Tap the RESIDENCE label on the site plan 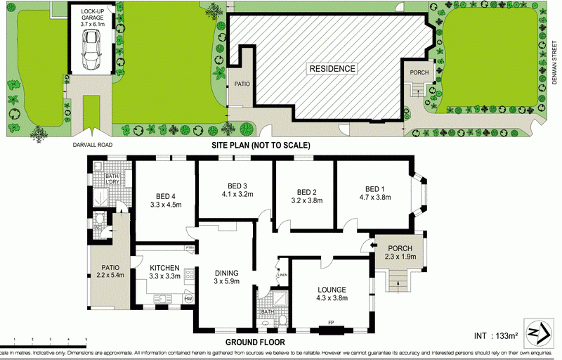click(x=330, y=68)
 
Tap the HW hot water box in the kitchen click(x=188, y=300)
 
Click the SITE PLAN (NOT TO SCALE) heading click(x=261, y=145)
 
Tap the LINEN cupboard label click(x=282, y=274)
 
